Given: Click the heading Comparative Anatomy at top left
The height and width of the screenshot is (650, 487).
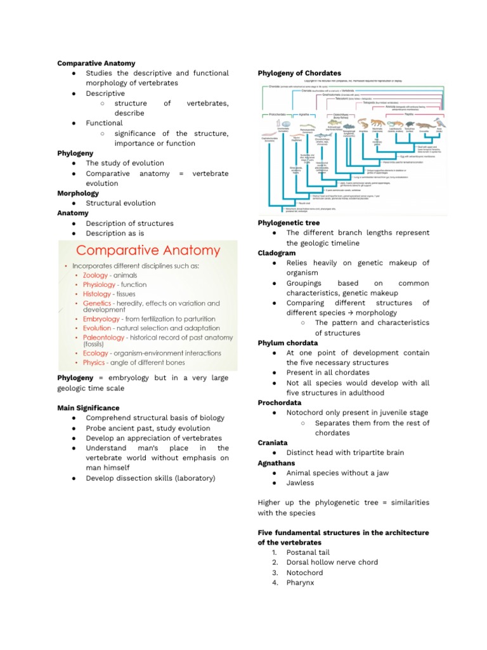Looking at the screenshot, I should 96,63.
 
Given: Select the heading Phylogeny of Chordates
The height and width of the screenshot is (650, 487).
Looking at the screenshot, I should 299,74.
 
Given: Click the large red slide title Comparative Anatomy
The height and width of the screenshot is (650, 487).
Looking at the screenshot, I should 148,251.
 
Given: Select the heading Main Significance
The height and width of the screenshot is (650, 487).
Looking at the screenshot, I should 88,408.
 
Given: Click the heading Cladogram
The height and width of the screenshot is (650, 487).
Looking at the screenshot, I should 276,253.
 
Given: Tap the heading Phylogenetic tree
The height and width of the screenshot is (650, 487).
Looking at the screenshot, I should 289,223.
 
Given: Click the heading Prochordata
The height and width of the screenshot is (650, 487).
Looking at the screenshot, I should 280,403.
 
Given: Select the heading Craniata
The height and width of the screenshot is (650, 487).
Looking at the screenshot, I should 273,443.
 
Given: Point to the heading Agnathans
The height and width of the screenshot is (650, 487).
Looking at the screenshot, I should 276,463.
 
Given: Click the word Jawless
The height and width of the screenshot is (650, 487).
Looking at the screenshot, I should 300,483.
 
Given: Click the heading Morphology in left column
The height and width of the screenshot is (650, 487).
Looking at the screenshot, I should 78,194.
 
